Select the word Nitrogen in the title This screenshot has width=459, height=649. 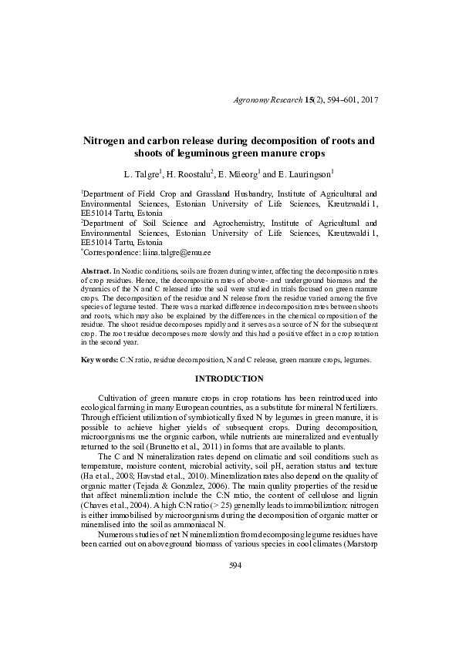pyautogui.click(x=110, y=141)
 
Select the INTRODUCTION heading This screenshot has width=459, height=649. pyautogui.click(x=229, y=378)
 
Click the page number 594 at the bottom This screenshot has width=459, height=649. pyautogui.click(x=229, y=609)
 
